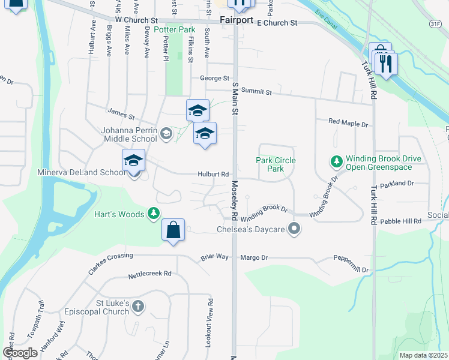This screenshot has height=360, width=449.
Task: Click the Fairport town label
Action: pos(237,20)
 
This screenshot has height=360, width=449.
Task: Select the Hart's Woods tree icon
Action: pos(154,214)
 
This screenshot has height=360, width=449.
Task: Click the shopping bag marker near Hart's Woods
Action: pos(173,231)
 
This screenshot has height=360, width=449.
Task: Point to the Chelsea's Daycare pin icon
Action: pos(294,229)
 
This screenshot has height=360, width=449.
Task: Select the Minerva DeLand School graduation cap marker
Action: pos(133,160)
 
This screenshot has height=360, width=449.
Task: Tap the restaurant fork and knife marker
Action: pos(386,63)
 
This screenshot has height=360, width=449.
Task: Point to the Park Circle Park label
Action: pos(276,164)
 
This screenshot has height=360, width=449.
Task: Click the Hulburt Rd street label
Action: pos(214,175)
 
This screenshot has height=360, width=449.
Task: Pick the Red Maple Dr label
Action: pos(348,123)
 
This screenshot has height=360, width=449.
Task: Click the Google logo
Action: pos(20,353)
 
